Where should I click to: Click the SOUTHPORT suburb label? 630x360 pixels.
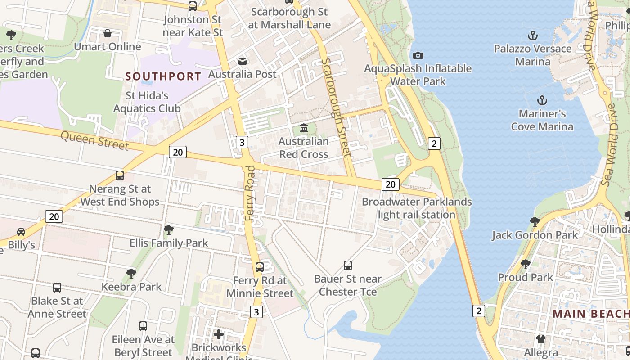click(x=163, y=76)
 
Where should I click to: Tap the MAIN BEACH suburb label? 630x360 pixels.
click(x=590, y=314)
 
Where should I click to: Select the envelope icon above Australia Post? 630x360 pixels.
click(x=243, y=61)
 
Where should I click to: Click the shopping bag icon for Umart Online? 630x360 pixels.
click(x=108, y=33)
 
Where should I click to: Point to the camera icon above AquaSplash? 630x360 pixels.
click(x=418, y=55)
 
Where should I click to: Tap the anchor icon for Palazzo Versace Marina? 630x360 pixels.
click(x=533, y=35)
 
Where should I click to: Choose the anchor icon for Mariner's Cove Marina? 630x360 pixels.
click(x=542, y=100)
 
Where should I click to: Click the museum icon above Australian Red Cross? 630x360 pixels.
click(x=304, y=129)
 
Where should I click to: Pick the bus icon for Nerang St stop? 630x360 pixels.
click(x=120, y=175)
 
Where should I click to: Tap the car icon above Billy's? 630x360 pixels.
click(x=21, y=232)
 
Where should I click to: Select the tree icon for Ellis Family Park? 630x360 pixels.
click(x=169, y=230)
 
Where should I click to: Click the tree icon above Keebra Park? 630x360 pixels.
click(x=131, y=273)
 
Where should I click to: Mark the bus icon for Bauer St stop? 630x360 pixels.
click(x=348, y=265)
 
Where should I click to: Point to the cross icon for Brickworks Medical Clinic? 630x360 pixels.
click(x=219, y=334)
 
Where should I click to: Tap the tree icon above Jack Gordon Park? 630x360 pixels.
click(x=535, y=221)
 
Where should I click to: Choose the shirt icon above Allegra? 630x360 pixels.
click(x=541, y=339)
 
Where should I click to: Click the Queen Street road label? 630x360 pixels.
click(x=94, y=141)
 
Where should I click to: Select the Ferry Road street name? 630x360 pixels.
click(x=250, y=193)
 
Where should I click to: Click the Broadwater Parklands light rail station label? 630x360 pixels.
click(x=417, y=208)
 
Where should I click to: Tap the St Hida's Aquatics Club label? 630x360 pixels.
click(x=147, y=102)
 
